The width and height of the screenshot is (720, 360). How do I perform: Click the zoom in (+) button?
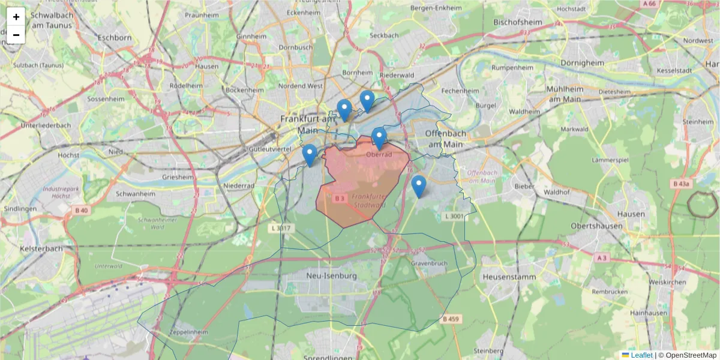pos(16,17)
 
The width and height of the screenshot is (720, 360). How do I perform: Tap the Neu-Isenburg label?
pos(331,276)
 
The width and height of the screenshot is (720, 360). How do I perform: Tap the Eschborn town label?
pos(113,37)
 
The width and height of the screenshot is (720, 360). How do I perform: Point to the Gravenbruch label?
pos(430,263)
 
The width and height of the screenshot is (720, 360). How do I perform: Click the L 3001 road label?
pos(454,216)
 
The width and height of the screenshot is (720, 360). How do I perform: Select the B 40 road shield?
pos(82,210)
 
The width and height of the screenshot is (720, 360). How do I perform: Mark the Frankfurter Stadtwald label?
pos(368,200)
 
